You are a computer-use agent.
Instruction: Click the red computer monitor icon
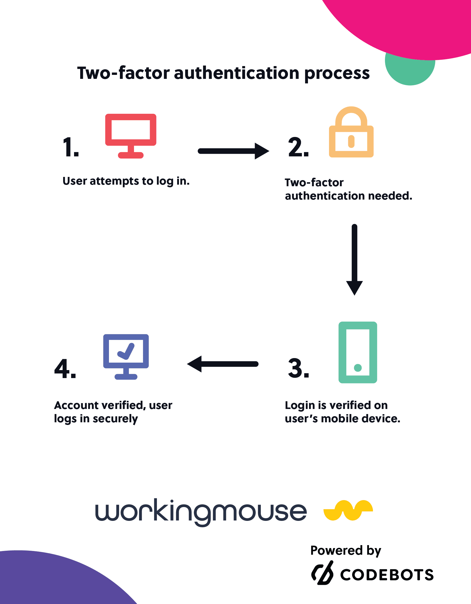point(131,136)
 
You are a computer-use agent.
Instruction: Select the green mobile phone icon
point(358,352)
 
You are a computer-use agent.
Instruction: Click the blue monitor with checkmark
point(126,356)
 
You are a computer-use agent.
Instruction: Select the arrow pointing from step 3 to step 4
point(223,364)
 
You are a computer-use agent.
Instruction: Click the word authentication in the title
point(237,73)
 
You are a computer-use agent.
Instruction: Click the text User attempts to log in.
point(126,181)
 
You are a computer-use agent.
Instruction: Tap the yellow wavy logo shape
point(348,510)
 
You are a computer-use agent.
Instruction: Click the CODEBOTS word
point(387,575)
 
